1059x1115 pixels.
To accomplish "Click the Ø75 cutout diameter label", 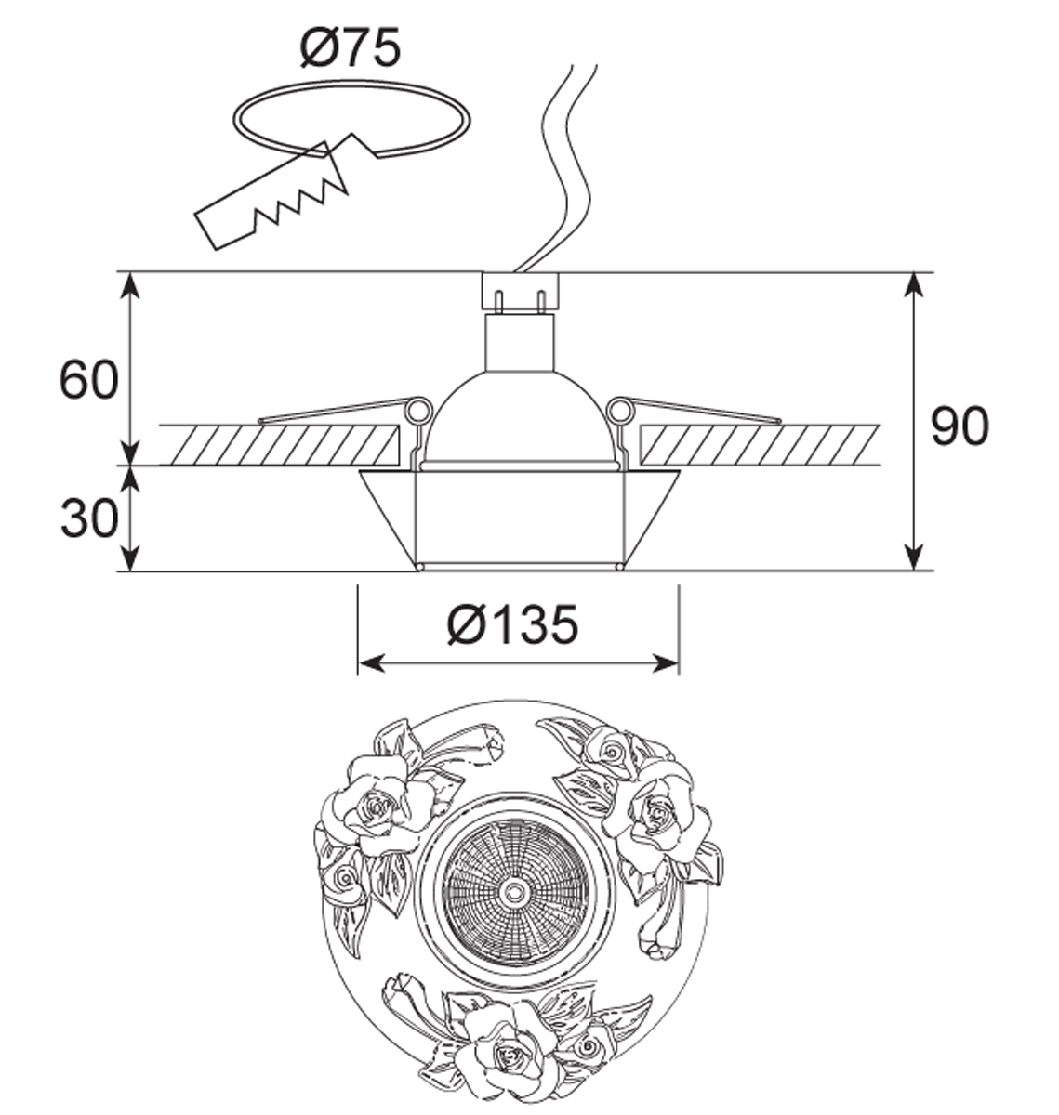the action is (x=351, y=48).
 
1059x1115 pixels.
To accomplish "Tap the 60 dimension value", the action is (x=89, y=379).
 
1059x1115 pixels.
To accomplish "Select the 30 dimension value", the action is (x=89, y=518).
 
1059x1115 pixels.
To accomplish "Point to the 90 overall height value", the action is (x=960, y=426).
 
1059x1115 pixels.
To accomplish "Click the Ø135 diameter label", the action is (x=512, y=624).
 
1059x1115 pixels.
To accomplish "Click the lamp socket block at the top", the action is (x=521, y=292).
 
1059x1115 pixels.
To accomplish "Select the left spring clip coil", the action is (x=418, y=410).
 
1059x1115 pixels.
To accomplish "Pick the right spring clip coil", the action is (x=620, y=410).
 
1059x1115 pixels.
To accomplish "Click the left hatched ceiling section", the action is (x=277, y=445).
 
